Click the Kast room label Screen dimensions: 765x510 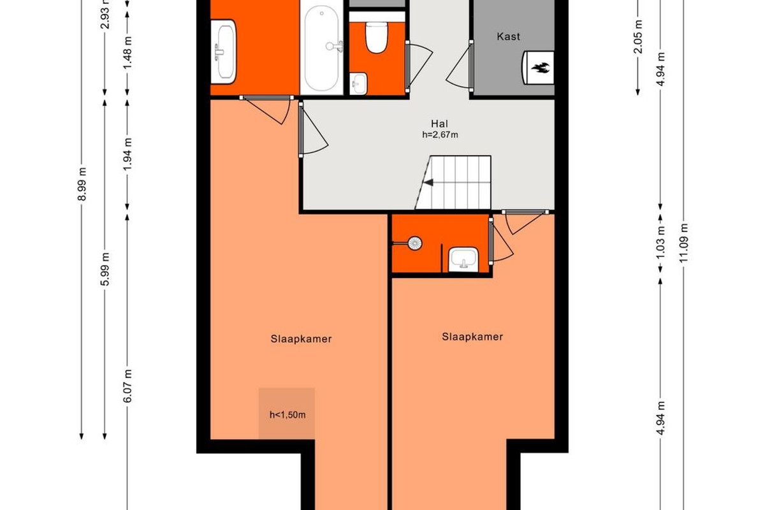coord(508,36)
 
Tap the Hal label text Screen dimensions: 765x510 coord(439,124)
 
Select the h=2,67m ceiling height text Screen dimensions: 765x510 coord(440,135)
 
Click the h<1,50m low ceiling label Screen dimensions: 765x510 coord(288,415)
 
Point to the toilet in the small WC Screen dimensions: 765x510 coord(375,38)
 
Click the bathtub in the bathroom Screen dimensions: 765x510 coord(321,48)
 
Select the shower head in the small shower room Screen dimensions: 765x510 coord(414,244)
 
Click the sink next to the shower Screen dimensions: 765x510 coord(463,259)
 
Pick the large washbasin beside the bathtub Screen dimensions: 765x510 coord(223,52)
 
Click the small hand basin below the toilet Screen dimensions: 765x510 coord(358,84)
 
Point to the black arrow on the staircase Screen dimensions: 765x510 coord(428,183)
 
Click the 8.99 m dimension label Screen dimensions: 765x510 coord(82,184)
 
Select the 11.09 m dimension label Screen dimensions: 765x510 coord(683,243)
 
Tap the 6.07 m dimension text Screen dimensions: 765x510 coord(127,386)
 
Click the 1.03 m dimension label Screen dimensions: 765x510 coord(660,243)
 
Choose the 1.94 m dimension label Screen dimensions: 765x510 coord(127,154)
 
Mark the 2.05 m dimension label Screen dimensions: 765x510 coord(637,37)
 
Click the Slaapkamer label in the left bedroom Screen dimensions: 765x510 coord(301,339)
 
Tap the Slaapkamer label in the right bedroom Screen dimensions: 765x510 coord(472,337)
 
